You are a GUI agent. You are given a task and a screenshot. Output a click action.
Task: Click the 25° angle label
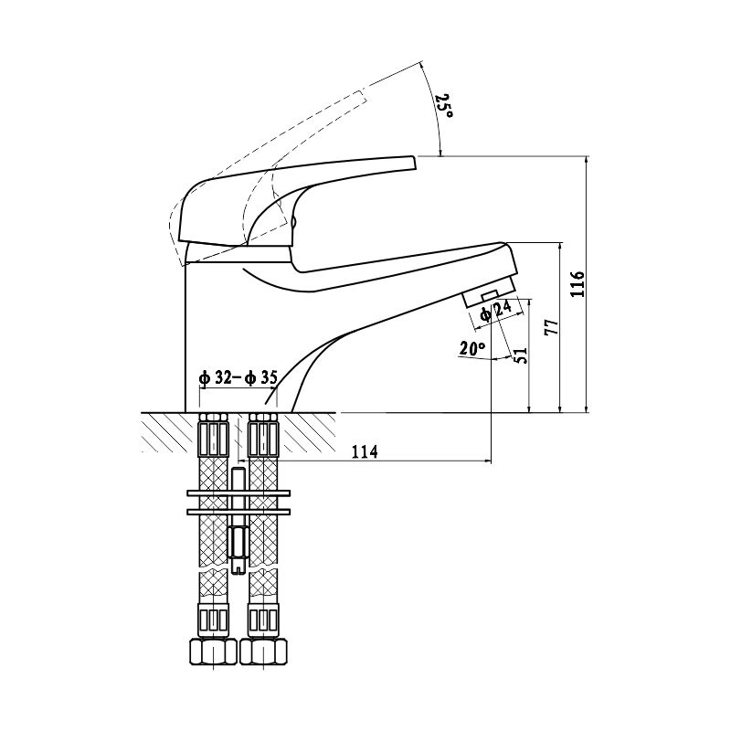(444, 106)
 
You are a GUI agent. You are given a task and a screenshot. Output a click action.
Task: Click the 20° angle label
(472, 348)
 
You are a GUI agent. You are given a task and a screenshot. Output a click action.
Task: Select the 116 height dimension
(577, 284)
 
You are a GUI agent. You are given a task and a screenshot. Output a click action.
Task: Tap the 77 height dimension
(551, 327)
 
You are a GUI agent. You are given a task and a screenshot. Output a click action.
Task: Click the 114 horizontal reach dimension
(365, 451)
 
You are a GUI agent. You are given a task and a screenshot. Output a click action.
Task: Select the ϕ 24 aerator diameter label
(496, 311)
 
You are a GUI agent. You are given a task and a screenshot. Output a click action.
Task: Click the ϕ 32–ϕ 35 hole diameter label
(238, 377)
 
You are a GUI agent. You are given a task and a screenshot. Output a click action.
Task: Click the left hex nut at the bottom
(213, 652)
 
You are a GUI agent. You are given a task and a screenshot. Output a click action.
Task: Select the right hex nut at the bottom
(264, 652)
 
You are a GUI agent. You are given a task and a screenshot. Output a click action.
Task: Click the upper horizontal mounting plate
(238, 493)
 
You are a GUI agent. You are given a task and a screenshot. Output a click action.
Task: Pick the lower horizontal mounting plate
(238, 512)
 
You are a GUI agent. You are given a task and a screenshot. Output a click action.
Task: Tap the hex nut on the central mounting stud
(238, 542)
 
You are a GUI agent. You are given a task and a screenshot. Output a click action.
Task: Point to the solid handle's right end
(412, 163)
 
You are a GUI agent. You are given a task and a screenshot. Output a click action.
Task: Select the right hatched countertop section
(307, 432)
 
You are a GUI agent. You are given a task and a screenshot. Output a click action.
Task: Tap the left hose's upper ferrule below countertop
(213, 439)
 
